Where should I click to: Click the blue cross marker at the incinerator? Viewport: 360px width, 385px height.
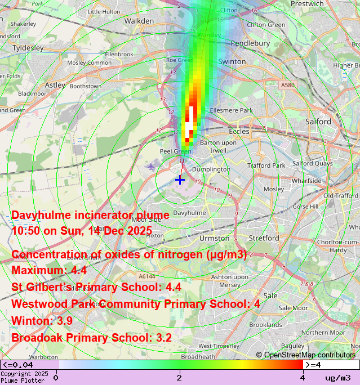[x=180, y=180]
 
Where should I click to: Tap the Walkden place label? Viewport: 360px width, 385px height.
[x=139, y=21]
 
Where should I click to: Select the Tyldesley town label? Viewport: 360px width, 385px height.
[x=28, y=48]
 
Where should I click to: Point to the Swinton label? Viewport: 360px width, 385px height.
[x=232, y=61]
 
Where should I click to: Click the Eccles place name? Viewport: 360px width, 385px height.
[x=239, y=131]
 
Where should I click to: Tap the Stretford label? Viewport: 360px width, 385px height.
[x=264, y=238]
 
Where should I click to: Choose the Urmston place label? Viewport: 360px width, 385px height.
[x=215, y=238]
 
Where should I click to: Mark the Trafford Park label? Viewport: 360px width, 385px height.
[x=270, y=165]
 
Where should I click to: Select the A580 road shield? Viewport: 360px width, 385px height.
[x=287, y=85]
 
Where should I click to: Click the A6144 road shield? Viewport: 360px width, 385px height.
[x=145, y=276]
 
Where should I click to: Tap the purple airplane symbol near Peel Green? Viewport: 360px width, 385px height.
[x=150, y=167]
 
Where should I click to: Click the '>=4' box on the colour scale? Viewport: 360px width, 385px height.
[x=331, y=365]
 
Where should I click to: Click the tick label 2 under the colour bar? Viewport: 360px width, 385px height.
[x=179, y=377]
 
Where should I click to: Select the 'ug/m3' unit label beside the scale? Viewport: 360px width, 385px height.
[x=337, y=378]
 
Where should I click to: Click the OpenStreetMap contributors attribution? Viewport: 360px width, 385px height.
[x=306, y=355]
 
